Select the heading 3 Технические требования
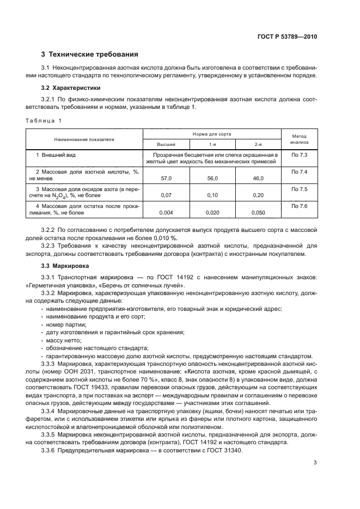pyautogui.click(x=90, y=54)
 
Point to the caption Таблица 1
pyautogui.click(x=44, y=120)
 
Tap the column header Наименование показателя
pyautogui.click(x=84, y=139)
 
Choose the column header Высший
pyautogui.click(x=166, y=144)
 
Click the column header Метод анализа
pyautogui.click(x=300, y=139)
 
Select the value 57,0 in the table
pyautogui.click(x=167, y=178)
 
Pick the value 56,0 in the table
pyautogui.click(x=213, y=178)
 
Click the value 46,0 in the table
pyautogui.click(x=258, y=178)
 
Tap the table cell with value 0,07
pyautogui.click(x=167, y=195)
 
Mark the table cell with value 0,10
pyautogui.click(x=213, y=195)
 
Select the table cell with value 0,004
pyautogui.click(x=167, y=212)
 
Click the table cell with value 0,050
pyautogui.click(x=258, y=212)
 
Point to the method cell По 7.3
pyautogui.click(x=300, y=156)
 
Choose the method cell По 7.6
pyautogui.click(x=300, y=206)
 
